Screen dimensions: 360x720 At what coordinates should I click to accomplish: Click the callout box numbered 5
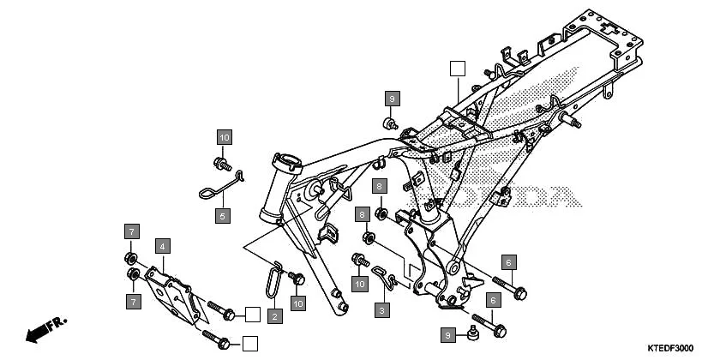click(x=222, y=216)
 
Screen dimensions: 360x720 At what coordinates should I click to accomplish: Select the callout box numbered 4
click(x=161, y=246)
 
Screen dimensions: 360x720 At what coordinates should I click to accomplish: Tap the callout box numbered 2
click(x=274, y=316)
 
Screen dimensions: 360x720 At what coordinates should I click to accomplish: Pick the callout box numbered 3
click(x=383, y=309)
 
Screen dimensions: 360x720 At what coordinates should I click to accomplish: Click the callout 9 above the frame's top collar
click(x=392, y=99)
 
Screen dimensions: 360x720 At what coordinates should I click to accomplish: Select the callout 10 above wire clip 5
click(x=224, y=137)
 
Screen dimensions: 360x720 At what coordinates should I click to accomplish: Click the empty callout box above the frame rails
click(x=459, y=69)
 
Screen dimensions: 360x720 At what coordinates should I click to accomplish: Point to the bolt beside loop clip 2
click(x=297, y=278)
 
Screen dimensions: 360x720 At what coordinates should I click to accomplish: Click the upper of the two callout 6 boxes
click(x=508, y=262)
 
